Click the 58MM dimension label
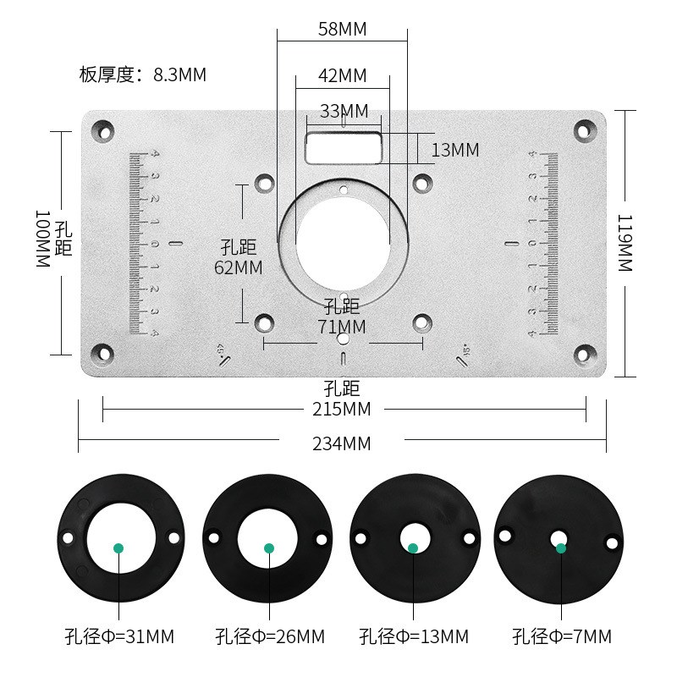point(342,30)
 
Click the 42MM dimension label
point(342,75)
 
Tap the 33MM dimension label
point(344,111)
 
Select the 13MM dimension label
point(455,151)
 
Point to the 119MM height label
point(625,243)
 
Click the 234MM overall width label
point(342,443)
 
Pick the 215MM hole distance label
point(342,410)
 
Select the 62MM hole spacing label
point(239,267)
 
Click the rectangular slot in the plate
point(344,146)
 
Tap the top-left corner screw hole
point(103,131)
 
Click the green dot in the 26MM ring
point(269,548)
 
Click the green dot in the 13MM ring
point(413,548)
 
